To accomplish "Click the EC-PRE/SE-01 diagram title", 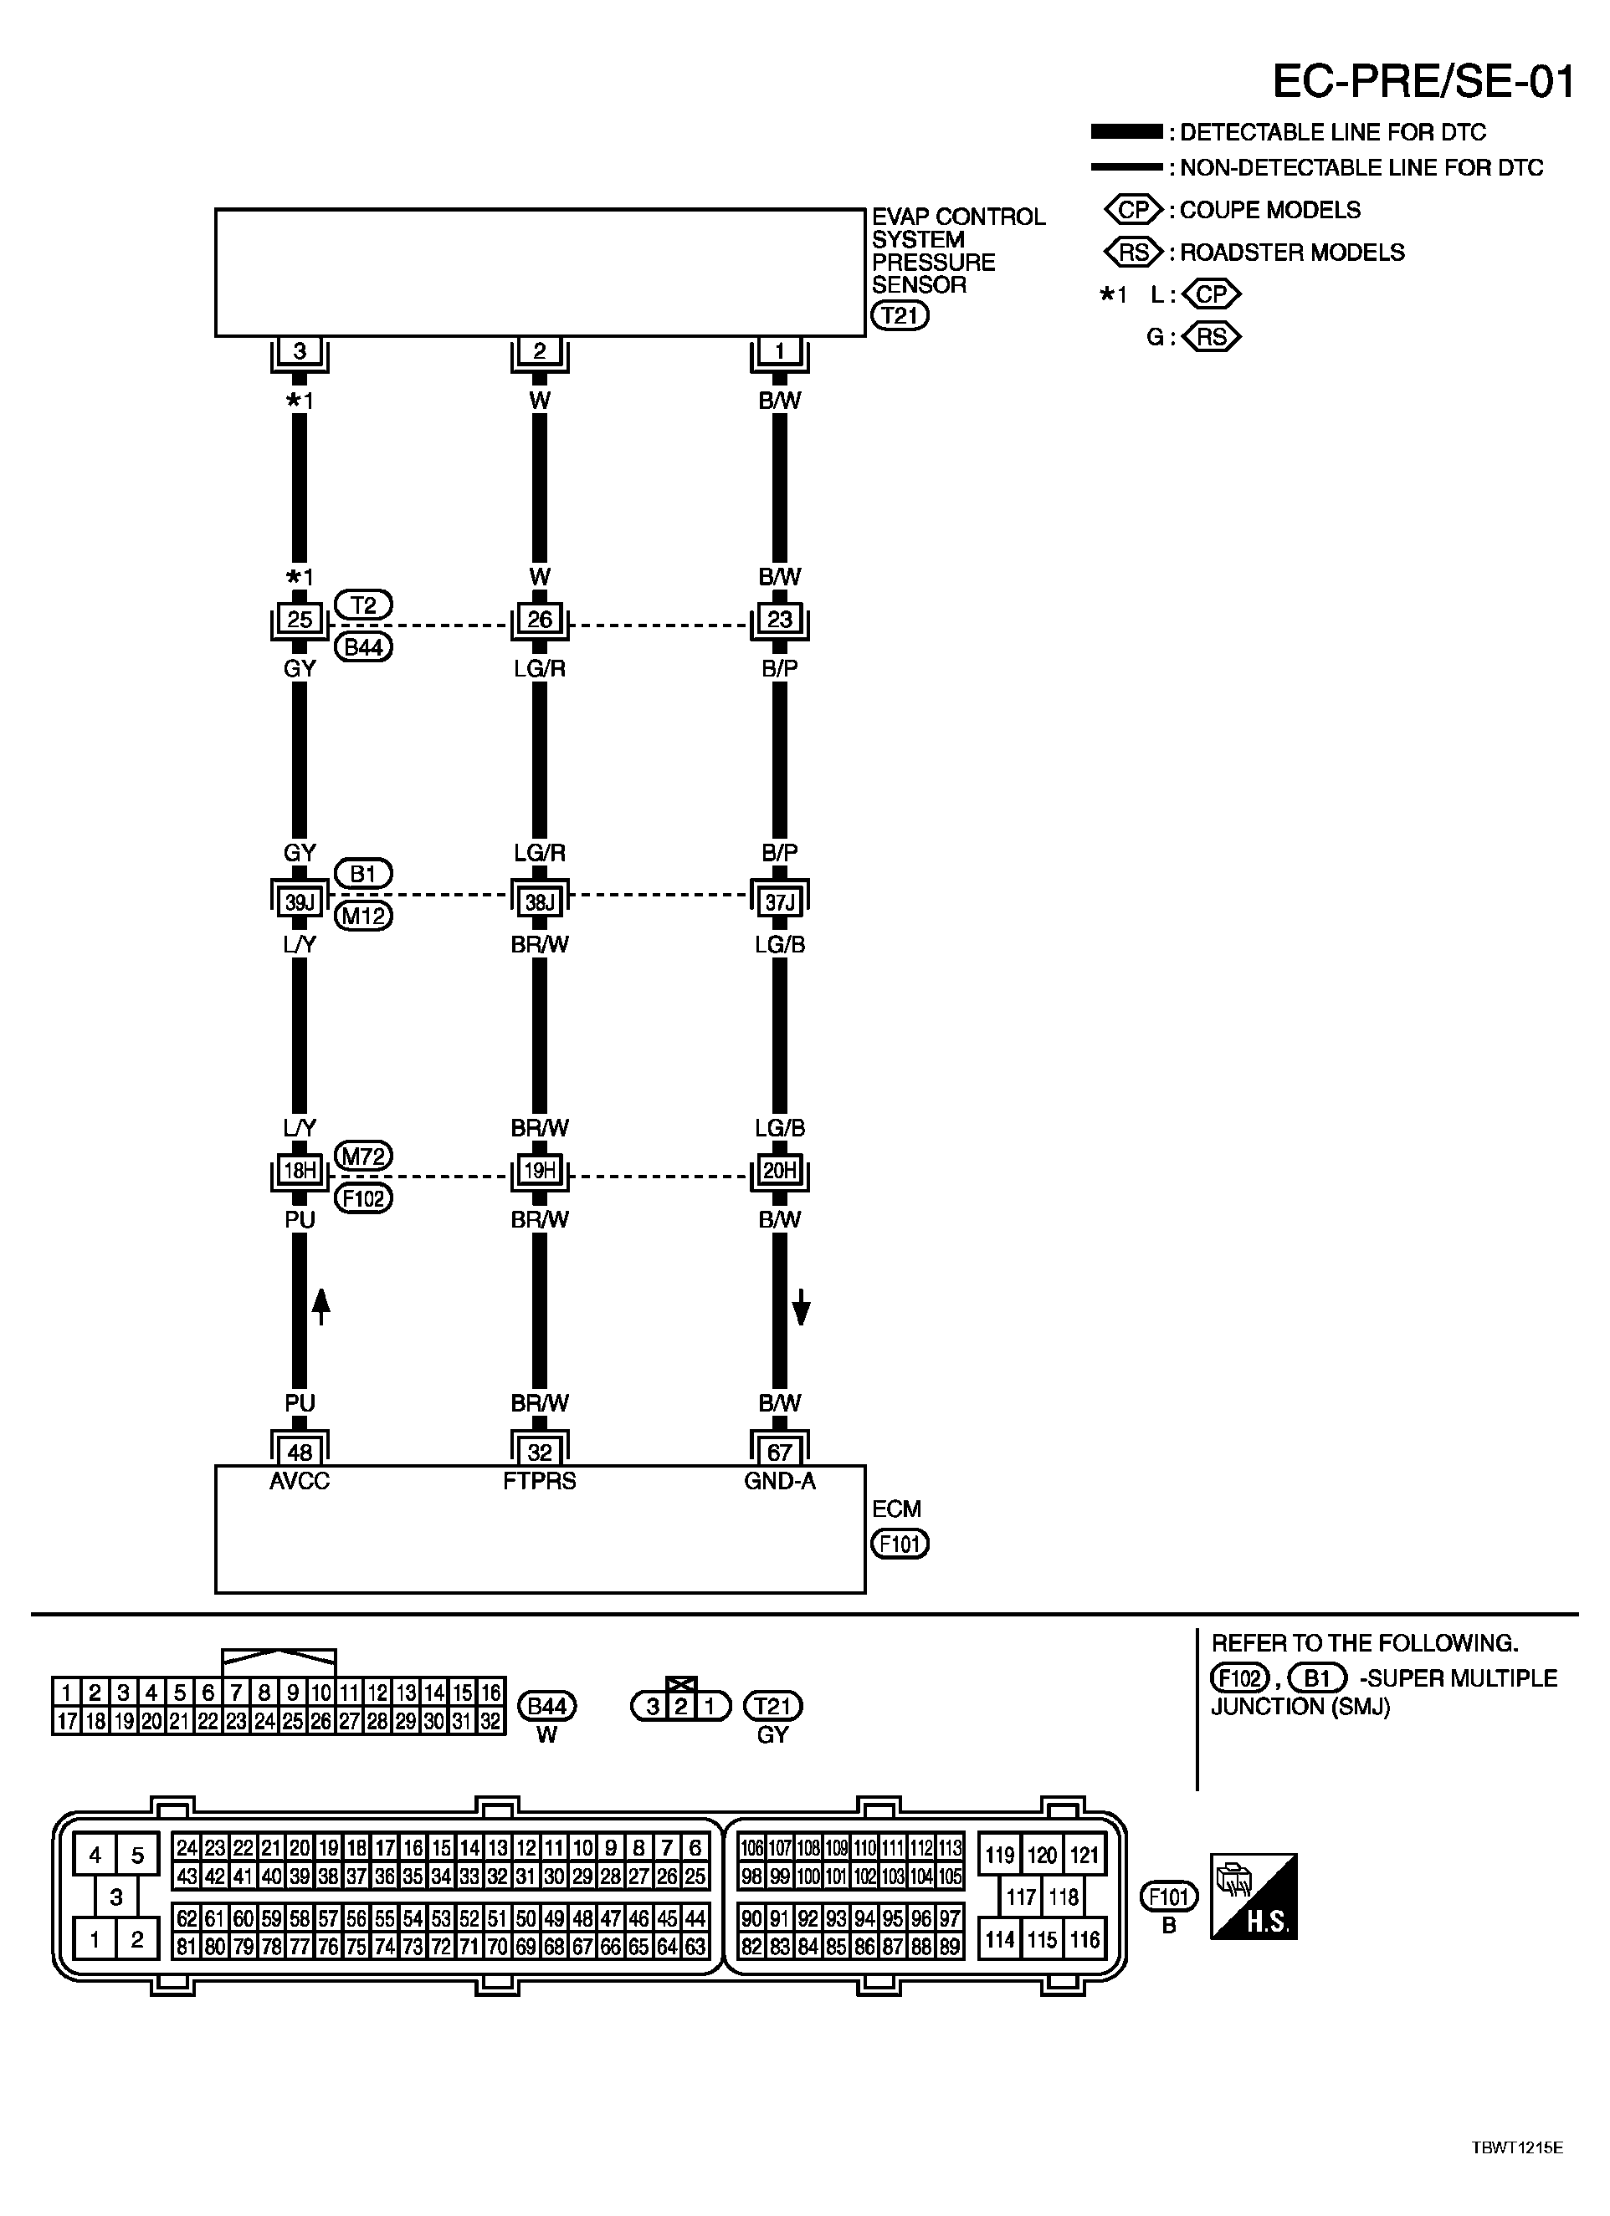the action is [x=1423, y=82].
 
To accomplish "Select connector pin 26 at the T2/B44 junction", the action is [x=540, y=619].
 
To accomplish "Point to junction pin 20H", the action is [x=779, y=1170].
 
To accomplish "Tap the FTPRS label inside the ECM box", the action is [x=540, y=1481].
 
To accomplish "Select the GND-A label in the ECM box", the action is [x=779, y=1481].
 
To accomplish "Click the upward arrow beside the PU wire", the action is [x=320, y=1306].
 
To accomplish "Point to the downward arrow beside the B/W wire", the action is [x=801, y=1306].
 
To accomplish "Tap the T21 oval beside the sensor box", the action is [x=900, y=315].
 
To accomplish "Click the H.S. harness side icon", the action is [x=1254, y=1896].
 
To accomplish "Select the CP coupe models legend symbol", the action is [x=1133, y=210].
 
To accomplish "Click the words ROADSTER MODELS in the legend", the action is [x=1292, y=252].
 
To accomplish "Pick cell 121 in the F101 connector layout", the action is [x=1084, y=1855].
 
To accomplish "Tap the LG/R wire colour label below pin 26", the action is [x=540, y=668].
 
